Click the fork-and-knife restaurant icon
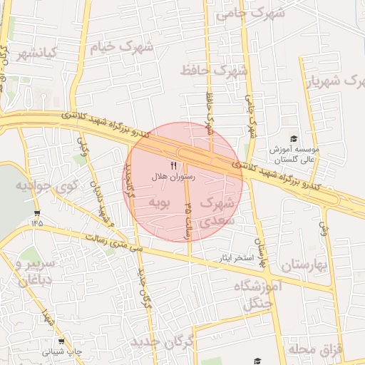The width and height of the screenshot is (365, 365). pyautogui.click(x=173, y=165)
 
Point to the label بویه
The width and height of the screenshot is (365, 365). pyautogui.click(x=158, y=203)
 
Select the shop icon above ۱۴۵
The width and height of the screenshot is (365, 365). pyautogui.click(x=37, y=213)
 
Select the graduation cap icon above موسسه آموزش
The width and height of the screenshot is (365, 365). pyautogui.click(x=294, y=138)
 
